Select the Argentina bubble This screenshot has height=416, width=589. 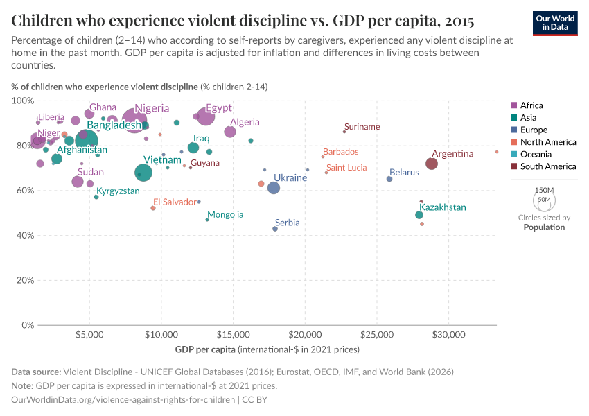tap(432, 164)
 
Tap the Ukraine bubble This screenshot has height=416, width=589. tap(274, 188)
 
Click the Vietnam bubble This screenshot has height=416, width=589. tap(143, 173)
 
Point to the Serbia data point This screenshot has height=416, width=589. tap(275, 229)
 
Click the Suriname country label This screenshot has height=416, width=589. tap(362, 127)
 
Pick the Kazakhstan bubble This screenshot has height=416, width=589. tap(419, 215)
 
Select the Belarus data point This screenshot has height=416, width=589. tap(389, 179)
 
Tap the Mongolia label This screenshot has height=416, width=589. tap(225, 215)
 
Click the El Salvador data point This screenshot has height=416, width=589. tap(153, 208)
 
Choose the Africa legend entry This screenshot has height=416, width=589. tap(531, 105)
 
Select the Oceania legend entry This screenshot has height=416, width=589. tap(534, 154)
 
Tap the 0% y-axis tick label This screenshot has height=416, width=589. tap(26, 325)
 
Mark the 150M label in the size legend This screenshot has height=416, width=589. tap(545, 190)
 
